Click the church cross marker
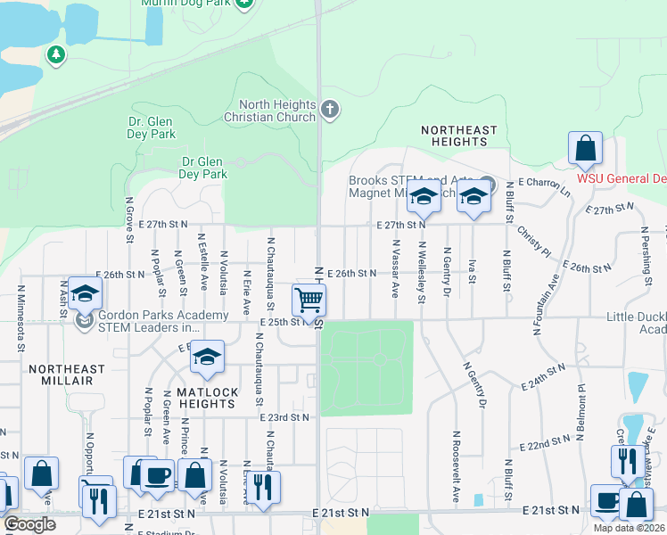pyautogui.click(x=330, y=110)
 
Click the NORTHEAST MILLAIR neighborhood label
pyautogui.click(x=67, y=374)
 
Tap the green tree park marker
pyautogui.click(x=57, y=55)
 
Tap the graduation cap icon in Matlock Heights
pyautogui.click(x=207, y=358)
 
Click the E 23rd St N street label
pyautogui.click(x=284, y=416)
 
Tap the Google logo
pyautogui.click(x=29, y=525)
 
